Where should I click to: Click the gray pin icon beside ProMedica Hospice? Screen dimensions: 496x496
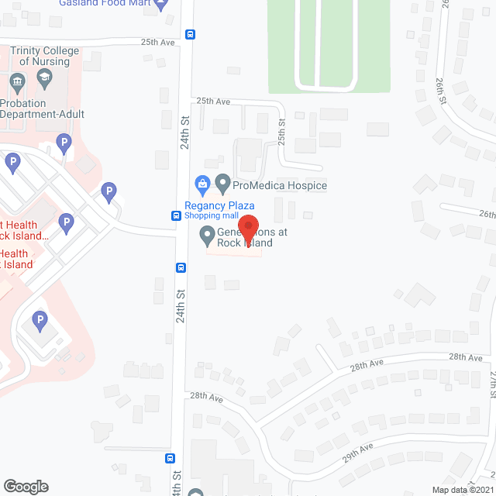pyautogui.click(x=223, y=184)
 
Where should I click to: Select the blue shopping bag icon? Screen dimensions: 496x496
pyautogui.click(x=203, y=184)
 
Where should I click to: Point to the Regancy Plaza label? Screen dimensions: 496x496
pyautogui.click(x=219, y=205)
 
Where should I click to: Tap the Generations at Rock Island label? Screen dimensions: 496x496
pyautogui.click(x=240, y=238)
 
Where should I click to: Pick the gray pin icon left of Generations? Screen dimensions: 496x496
pyautogui.click(x=207, y=233)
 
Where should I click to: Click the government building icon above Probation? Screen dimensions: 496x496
pyautogui.click(x=16, y=81)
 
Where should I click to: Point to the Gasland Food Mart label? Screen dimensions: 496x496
pyautogui.click(x=105, y=4)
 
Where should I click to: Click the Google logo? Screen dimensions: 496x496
pyautogui.click(x=25, y=486)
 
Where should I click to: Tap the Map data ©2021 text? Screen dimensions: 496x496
pyautogui.click(x=463, y=490)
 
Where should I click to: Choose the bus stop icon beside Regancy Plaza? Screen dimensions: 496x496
pyautogui.click(x=177, y=215)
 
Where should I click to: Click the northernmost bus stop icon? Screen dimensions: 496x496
pyautogui.click(x=190, y=34)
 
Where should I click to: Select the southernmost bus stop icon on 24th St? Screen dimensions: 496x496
pyautogui.click(x=170, y=458)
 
